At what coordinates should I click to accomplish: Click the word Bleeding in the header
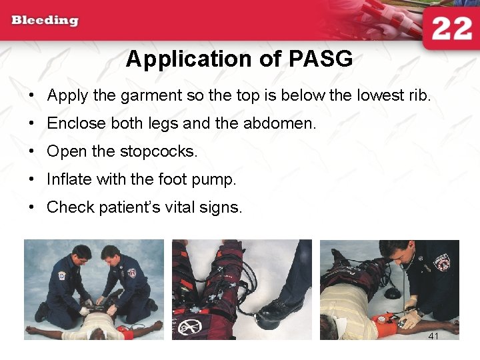pos(44,20)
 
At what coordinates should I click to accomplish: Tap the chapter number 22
pos(451,29)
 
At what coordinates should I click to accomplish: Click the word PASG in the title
pos(321,59)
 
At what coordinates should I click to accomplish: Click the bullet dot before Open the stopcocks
pos(32,152)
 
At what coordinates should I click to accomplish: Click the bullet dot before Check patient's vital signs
pos(32,208)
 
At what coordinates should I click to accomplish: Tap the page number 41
pos(433,336)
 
